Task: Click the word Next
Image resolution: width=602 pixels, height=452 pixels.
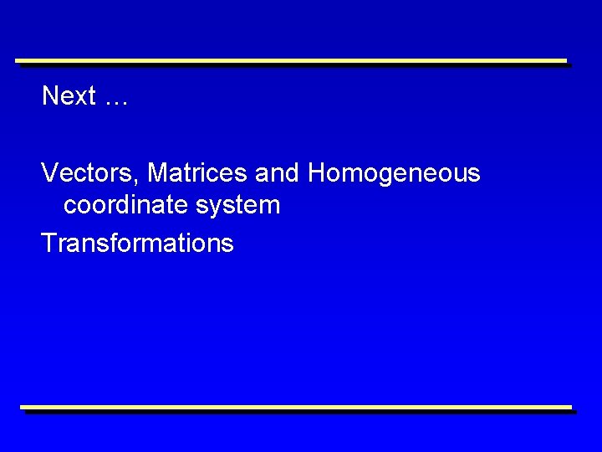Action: (x=69, y=96)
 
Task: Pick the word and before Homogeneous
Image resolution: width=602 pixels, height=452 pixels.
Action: (x=278, y=173)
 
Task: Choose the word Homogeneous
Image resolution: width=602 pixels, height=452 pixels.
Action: (x=394, y=174)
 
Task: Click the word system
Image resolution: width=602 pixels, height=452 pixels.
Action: (x=238, y=205)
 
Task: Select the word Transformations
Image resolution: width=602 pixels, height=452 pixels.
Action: (x=137, y=244)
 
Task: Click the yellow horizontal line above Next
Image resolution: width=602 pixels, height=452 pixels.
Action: (x=291, y=60)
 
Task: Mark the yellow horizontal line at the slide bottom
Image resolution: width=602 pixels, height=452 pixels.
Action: (x=296, y=408)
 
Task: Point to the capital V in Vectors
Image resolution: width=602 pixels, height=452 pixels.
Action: (x=49, y=173)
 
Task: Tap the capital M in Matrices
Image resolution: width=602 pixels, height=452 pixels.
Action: (x=157, y=173)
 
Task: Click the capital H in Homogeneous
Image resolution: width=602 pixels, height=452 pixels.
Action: (x=317, y=173)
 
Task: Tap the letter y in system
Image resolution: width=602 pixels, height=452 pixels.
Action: (x=216, y=208)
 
